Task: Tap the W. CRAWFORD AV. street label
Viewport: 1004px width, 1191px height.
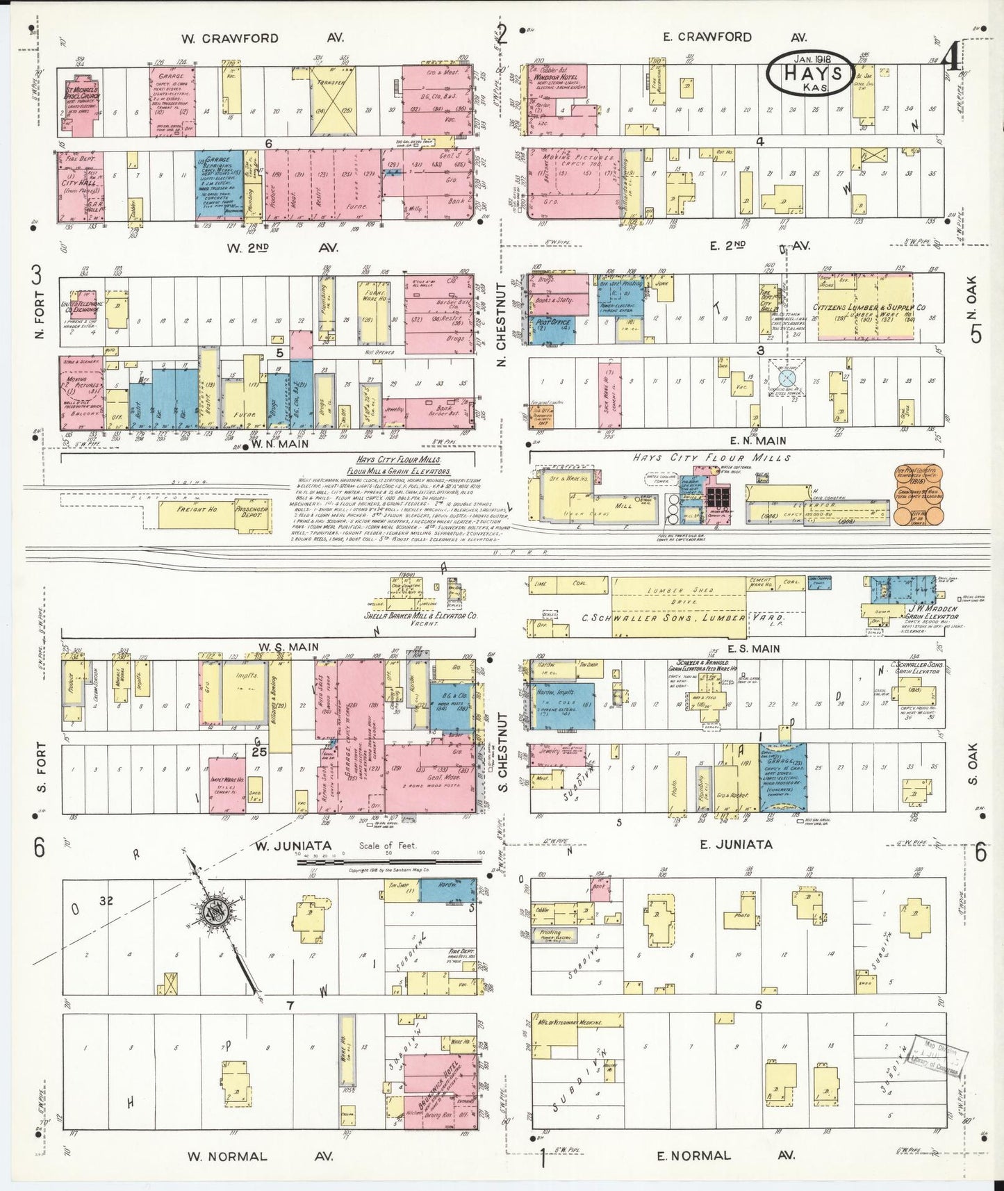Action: [261, 38]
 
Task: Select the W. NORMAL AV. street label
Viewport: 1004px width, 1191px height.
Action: [261, 1156]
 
